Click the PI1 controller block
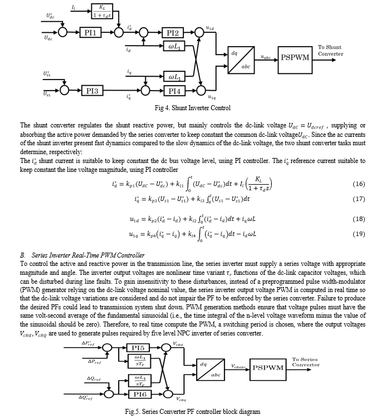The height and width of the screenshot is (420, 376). tap(91, 33)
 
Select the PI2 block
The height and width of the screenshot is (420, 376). tap(173, 33)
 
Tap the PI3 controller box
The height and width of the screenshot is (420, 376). tap(92, 91)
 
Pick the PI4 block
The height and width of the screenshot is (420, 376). tap(174, 91)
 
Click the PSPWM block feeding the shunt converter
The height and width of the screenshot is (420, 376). tap(295, 60)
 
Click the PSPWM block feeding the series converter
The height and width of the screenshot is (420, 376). tap(268, 369)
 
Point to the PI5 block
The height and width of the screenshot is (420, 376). tap(138, 348)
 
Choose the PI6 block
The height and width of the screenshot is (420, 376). tap(140, 394)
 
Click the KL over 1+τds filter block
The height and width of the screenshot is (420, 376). tap(102, 11)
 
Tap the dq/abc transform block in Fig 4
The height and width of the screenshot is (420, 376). tap(241, 60)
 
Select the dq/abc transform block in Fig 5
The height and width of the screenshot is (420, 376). tap(210, 369)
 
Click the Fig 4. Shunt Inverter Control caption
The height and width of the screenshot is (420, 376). tap(192, 108)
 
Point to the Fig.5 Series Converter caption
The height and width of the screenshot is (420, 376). tap(192, 412)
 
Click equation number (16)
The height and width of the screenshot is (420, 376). tap(359, 184)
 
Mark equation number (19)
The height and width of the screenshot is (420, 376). tap(359, 234)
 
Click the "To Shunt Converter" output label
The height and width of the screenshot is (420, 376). tap(330, 51)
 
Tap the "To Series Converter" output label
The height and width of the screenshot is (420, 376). tap(306, 362)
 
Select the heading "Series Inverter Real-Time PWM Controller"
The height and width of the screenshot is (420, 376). tap(82, 255)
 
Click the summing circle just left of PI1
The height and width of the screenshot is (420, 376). tap(63, 33)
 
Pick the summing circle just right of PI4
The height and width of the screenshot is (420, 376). tap(201, 91)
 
